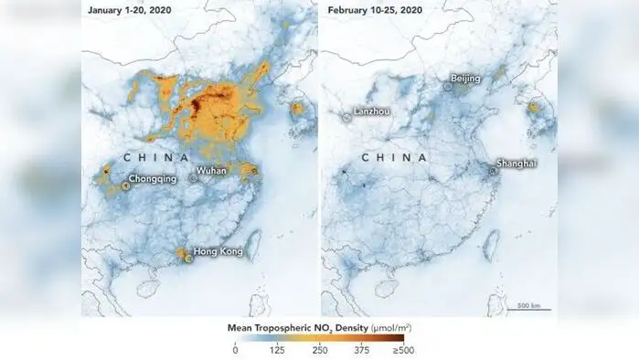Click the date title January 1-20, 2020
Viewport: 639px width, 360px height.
pyautogui.click(x=132, y=11)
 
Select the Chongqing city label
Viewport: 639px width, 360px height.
pyautogui.click(x=153, y=179)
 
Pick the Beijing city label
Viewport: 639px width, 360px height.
pyautogui.click(x=465, y=79)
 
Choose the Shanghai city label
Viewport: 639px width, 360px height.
pyautogui.click(x=517, y=164)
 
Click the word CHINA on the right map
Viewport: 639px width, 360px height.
pyautogui.click(x=395, y=157)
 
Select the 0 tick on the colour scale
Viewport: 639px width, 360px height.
pyautogui.click(x=235, y=349)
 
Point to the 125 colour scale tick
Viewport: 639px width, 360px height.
pyautogui.click(x=277, y=349)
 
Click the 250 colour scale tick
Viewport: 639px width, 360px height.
pyautogui.click(x=319, y=349)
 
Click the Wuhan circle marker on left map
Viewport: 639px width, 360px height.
pyautogui.click(x=193, y=179)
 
